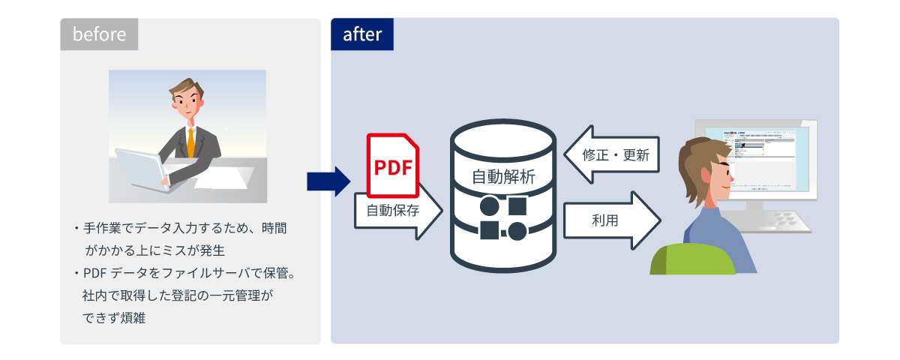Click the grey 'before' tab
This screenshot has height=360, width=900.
[99, 34]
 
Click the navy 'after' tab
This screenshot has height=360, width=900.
[362, 34]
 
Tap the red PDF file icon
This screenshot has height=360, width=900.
[392, 165]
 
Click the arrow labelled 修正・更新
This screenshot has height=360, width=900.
[611, 155]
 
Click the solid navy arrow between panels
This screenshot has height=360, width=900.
[328, 181]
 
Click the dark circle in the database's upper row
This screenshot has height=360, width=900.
[489, 205]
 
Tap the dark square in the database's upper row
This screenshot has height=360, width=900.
[517, 205]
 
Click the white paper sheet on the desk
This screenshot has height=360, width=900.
[225, 178]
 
